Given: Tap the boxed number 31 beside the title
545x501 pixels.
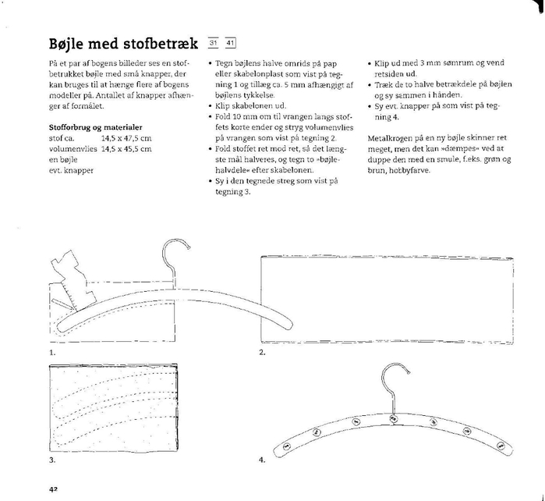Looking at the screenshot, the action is point(213,43).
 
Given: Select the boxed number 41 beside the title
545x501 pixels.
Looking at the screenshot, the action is point(230,43).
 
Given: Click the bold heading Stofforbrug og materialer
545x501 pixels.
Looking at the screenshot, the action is point(96,127).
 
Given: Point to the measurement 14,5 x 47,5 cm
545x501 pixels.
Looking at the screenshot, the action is point(126,138).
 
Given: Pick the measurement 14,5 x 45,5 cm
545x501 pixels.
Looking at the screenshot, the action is point(126,149).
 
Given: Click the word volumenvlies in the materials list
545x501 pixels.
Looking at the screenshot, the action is point(73,149).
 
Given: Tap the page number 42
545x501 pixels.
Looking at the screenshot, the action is point(53,489).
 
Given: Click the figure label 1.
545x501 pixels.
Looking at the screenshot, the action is point(52,353).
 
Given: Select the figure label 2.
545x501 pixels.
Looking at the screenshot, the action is point(262,352).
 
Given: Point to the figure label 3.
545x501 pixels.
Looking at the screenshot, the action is point(52,460).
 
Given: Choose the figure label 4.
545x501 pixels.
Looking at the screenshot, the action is point(262,460).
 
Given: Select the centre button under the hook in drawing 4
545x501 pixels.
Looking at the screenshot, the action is point(394,418).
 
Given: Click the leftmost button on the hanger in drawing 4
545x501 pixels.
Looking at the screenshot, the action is point(288,446).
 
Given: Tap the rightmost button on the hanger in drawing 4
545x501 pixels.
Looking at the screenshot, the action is point(501,446).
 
